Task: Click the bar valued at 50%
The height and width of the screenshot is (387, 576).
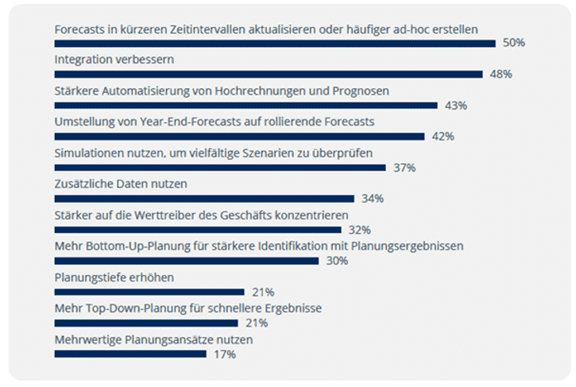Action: [274, 43]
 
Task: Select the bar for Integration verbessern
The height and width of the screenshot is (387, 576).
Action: [268, 74]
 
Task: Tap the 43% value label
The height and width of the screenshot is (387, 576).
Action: [455, 105]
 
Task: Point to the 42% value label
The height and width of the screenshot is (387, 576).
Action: [443, 137]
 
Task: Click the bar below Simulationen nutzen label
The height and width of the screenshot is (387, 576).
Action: [219, 168]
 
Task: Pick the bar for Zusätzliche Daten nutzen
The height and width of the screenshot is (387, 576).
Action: [203, 199]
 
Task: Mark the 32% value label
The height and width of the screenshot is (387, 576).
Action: [361, 230]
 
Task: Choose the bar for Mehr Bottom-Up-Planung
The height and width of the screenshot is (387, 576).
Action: [186, 261]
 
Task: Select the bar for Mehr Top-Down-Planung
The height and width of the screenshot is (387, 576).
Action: [145, 323]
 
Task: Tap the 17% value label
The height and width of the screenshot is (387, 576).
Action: [225, 354]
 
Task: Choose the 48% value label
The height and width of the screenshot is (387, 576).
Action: [501, 74]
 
